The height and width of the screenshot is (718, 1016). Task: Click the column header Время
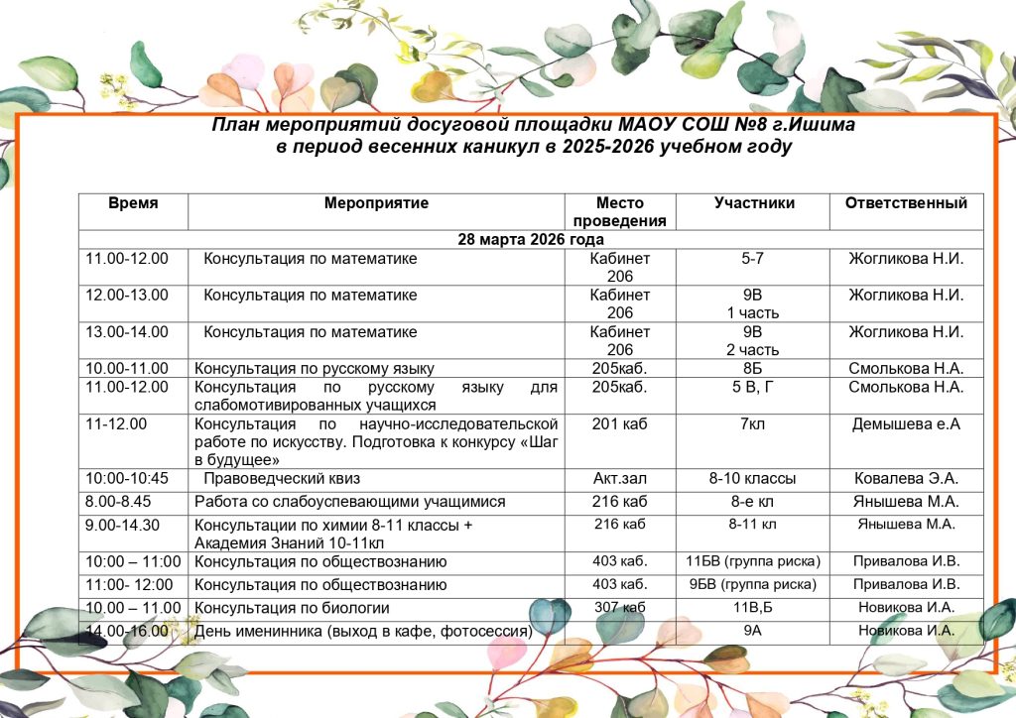coord(133,203)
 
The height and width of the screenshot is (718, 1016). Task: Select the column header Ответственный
coord(906,203)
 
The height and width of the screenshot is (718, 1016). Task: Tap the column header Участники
coord(754,203)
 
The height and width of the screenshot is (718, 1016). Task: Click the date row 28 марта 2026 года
coord(531,240)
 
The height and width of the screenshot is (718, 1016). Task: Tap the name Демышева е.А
coord(906,424)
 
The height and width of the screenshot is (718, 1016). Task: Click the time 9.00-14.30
coord(124,525)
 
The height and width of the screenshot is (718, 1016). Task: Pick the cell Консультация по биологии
coord(292,608)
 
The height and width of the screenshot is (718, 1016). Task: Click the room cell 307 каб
coord(620,607)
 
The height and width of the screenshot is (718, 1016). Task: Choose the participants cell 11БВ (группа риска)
coord(754,561)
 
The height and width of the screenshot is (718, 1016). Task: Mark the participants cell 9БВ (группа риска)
coord(754,584)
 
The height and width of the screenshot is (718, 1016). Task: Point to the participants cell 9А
coord(754,631)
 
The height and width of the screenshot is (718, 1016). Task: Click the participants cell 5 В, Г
coord(754,387)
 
